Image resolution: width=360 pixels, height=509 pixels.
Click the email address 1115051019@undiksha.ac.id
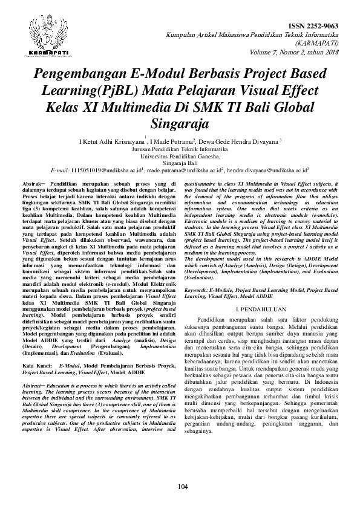point(106,171)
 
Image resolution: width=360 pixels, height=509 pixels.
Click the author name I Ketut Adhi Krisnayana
point(108,142)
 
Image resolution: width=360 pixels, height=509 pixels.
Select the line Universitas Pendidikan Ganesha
point(180,156)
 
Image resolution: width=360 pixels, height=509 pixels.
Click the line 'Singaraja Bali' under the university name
point(180,163)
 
